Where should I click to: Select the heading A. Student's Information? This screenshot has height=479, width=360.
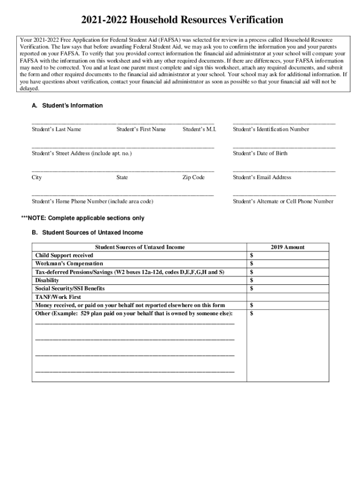point(67,106)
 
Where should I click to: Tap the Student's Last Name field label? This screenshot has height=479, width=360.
point(56,129)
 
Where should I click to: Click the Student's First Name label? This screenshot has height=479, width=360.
point(141,129)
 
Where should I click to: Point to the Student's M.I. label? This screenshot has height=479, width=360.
point(199,129)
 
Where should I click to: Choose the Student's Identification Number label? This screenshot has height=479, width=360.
point(271,129)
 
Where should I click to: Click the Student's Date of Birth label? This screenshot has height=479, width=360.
point(260,153)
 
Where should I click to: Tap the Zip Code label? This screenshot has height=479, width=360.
point(194,177)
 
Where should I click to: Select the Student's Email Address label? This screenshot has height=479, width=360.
point(262,177)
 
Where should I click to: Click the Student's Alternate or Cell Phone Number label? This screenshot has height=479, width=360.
point(283,202)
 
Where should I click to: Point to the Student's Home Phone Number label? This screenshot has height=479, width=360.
point(92,202)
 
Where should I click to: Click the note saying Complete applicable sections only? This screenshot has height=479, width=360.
point(83,218)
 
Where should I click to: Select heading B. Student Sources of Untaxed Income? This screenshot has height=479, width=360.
point(87,232)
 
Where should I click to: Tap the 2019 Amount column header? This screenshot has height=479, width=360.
point(288,247)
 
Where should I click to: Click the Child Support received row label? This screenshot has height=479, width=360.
point(65,255)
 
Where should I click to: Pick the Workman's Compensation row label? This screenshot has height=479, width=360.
point(69,264)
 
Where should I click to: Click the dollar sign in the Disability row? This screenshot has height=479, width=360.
point(252,280)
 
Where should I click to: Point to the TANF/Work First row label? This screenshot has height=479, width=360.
point(58,297)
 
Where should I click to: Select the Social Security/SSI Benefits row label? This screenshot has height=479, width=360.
point(70,289)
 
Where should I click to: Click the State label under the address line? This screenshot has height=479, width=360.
point(122,177)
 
